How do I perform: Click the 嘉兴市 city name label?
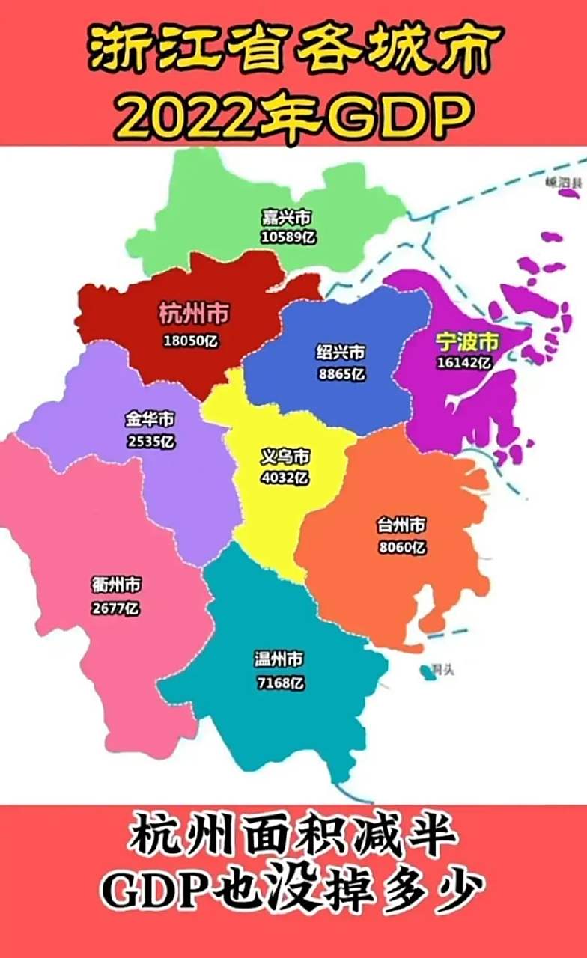coord(286,218)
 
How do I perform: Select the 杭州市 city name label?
coord(194,314)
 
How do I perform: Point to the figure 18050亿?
coord(193,341)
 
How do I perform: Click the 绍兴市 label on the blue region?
coord(341,352)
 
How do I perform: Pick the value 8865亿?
coord(341,373)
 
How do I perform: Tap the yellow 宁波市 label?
coord(467,342)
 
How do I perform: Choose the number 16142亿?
coord(464,363)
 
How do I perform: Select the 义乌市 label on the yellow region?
coord(285,456)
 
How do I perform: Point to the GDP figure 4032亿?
coord(285,477)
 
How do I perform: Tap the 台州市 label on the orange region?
coord(402,525)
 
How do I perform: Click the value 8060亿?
coord(402,547)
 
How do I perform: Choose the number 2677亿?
coord(116,608)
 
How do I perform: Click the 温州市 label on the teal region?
coord(279,659)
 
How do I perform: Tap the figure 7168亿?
coord(279,682)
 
